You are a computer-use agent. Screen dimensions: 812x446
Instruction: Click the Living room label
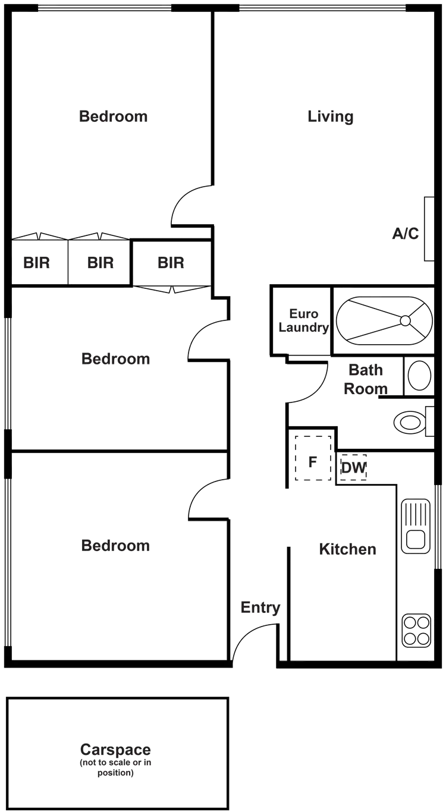pos(331,117)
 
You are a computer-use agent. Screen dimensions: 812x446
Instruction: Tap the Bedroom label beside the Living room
pos(113,116)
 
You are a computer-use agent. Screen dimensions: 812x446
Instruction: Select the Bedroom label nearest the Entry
pos(116,546)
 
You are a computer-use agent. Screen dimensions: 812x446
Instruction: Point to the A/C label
pos(406,234)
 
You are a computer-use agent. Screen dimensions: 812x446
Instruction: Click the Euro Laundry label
pos(303,320)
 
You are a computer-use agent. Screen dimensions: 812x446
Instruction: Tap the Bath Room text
pos(366,379)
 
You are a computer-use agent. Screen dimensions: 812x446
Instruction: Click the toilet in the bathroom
pos(419,376)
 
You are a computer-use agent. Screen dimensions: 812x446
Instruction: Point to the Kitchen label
pos(347,549)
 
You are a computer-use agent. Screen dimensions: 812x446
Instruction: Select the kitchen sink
pos(416,526)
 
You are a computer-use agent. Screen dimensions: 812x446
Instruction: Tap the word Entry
pos(260,608)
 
